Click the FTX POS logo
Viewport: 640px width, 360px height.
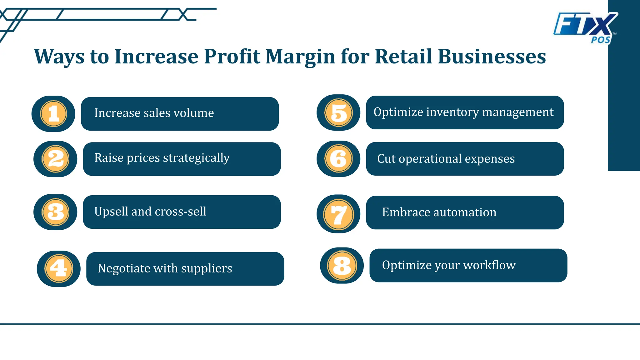(585, 27)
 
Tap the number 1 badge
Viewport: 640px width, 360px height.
(53, 113)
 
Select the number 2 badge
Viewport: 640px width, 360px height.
(55, 159)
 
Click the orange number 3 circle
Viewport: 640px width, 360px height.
(55, 212)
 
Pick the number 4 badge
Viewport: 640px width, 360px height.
(59, 268)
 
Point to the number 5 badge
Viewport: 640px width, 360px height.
(338, 112)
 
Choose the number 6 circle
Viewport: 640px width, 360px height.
(338, 158)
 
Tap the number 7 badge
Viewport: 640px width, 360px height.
(338, 214)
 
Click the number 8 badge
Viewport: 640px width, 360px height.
(342, 266)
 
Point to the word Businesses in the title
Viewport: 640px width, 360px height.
(492, 57)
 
